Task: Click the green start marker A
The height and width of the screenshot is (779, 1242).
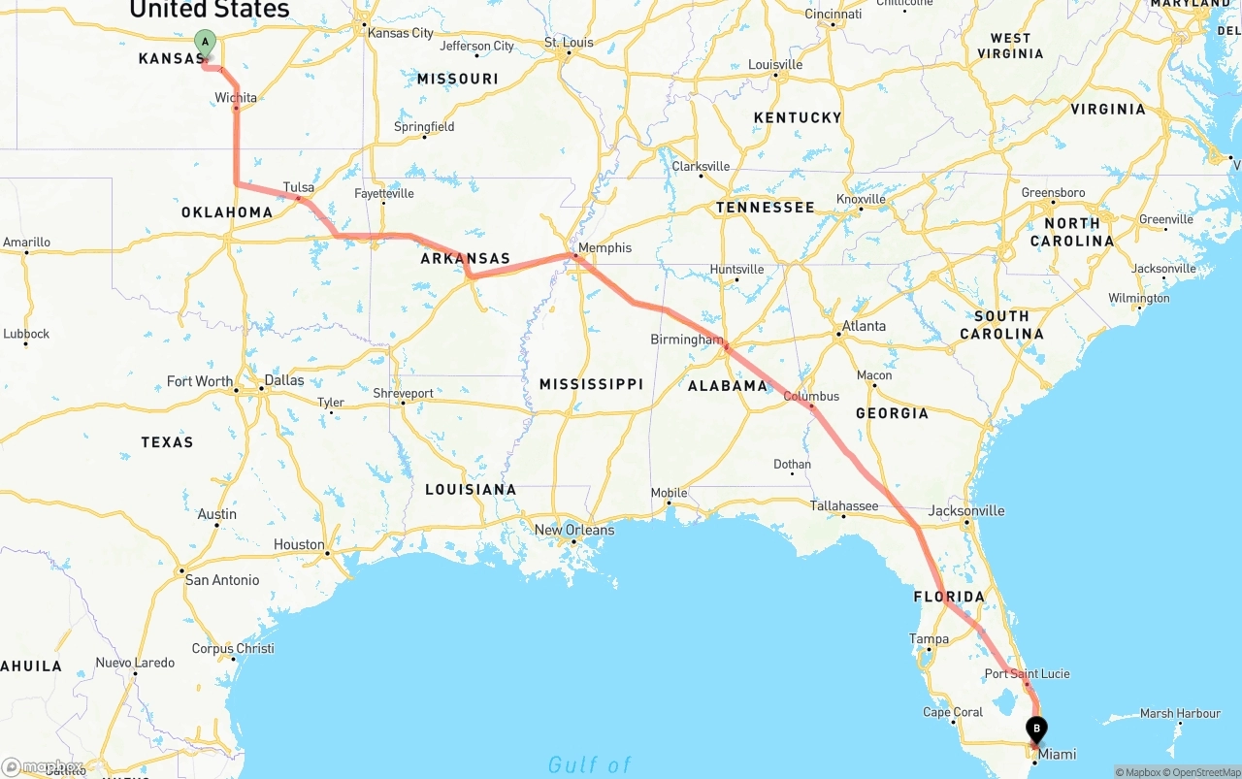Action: tap(205, 42)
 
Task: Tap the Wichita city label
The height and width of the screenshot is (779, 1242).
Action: tap(236, 97)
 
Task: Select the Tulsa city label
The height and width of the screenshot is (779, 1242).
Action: tap(299, 187)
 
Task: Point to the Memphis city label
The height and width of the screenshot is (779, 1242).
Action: tap(605, 247)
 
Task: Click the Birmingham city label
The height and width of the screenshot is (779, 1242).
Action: tap(687, 340)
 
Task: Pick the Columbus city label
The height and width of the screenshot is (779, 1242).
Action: tap(811, 396)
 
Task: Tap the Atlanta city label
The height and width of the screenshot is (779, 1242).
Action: tap(864, 326)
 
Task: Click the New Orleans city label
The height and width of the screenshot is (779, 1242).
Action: tap(574, 530)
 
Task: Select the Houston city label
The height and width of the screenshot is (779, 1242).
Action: tap(299, 544)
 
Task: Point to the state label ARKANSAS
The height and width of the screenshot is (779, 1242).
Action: tap(465, 259)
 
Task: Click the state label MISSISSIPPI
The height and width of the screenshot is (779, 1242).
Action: tap(591, 384)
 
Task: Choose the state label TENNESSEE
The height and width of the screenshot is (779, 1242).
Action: tap(765, 208)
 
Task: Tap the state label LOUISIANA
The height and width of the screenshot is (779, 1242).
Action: tap(471, 489)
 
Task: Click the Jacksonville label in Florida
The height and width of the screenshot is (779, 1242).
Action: tap(966, 510)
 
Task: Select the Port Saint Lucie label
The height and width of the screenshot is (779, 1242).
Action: tap(1028, 673)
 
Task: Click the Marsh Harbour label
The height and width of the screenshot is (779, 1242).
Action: tap(1180, 713)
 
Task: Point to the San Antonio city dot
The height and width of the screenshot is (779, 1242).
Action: tap(180, 570)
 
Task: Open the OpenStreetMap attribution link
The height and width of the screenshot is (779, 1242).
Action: tap(1205, 773)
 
